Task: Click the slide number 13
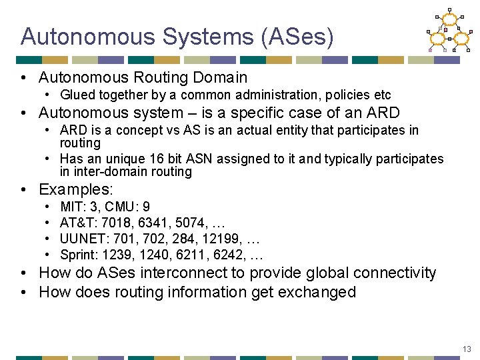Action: pos(467,349)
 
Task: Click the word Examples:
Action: pos(76,190)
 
